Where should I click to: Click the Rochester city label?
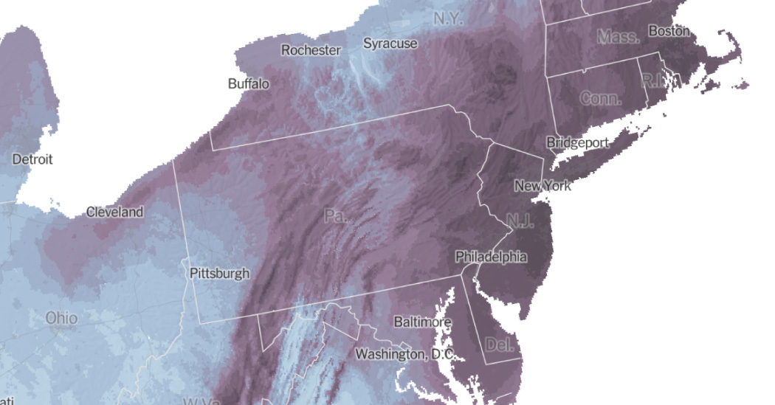tap(311, 50)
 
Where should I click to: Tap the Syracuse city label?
tap(390, 44)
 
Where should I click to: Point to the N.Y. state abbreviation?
tap(448, 18)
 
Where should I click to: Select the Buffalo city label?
tap(249, 84)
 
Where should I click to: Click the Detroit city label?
tap(32, 159)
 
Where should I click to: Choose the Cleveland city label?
tap(114, 212)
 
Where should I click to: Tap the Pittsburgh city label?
tap(219, 273)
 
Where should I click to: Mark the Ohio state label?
tap(61, 319)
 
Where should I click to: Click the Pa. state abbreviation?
tap(335, 216)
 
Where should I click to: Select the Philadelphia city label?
tap(491, 257)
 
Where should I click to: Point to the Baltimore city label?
tap(422, 322)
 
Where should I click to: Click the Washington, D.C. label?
tap(404, 355)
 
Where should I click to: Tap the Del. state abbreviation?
tap(501, 344)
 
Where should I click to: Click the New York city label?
tap(542, 186)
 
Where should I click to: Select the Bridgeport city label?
tap(577, 142)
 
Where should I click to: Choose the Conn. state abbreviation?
tap(601, 99)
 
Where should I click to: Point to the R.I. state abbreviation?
tap(652, 80)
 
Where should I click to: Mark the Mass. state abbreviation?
tap(618, 36)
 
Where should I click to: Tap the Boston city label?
tap(669, 31)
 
